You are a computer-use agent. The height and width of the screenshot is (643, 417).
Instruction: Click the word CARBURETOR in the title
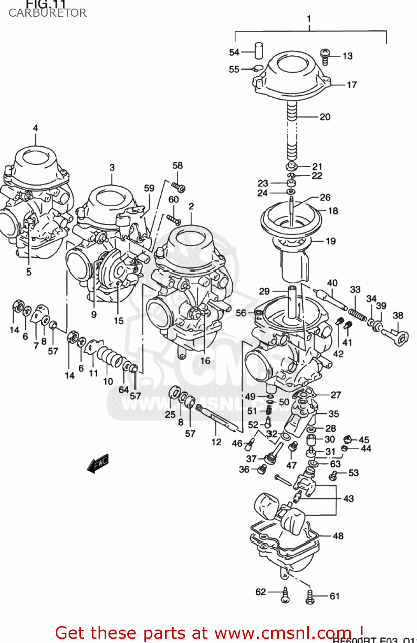47,13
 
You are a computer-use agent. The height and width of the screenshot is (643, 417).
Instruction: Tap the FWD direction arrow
98,463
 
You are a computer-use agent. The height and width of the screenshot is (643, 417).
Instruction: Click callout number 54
234,52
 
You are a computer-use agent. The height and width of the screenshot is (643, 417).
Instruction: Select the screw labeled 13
325,56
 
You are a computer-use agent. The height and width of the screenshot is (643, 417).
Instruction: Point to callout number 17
351,85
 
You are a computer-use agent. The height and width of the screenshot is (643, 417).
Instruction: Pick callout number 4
35,128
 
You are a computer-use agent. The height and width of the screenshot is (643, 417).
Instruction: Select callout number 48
338,536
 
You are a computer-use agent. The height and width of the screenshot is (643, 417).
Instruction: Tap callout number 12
216,442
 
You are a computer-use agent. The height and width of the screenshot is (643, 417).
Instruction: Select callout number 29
264,291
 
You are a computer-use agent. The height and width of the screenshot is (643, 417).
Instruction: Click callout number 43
348,499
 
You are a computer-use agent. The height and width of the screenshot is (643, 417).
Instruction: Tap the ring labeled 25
174,392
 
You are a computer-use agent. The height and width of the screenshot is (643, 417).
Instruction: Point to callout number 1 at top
309,19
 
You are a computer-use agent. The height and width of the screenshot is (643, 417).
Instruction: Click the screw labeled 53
333,475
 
